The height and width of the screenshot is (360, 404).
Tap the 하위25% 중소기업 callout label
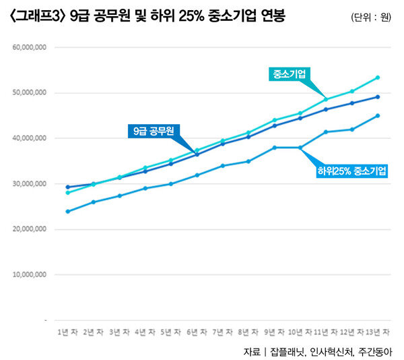(352, 171)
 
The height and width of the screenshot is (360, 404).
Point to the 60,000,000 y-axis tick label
(30, 48)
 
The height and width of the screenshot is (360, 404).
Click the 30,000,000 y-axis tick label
(30, 184)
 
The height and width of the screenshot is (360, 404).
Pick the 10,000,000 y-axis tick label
(30, 275)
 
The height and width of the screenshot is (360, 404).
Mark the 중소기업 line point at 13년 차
(378, 78)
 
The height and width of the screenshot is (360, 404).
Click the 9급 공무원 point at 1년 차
(68, 187)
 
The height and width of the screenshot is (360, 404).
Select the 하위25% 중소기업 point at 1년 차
(68, 211)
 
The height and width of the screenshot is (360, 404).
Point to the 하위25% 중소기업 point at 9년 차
(275, 148)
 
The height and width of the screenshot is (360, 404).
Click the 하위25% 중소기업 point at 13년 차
(378, 115)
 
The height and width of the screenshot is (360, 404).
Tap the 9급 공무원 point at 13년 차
(378, 96)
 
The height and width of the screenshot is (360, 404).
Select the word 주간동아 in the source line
(374, 351)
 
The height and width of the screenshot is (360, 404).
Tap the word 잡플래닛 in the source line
(288, 351)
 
